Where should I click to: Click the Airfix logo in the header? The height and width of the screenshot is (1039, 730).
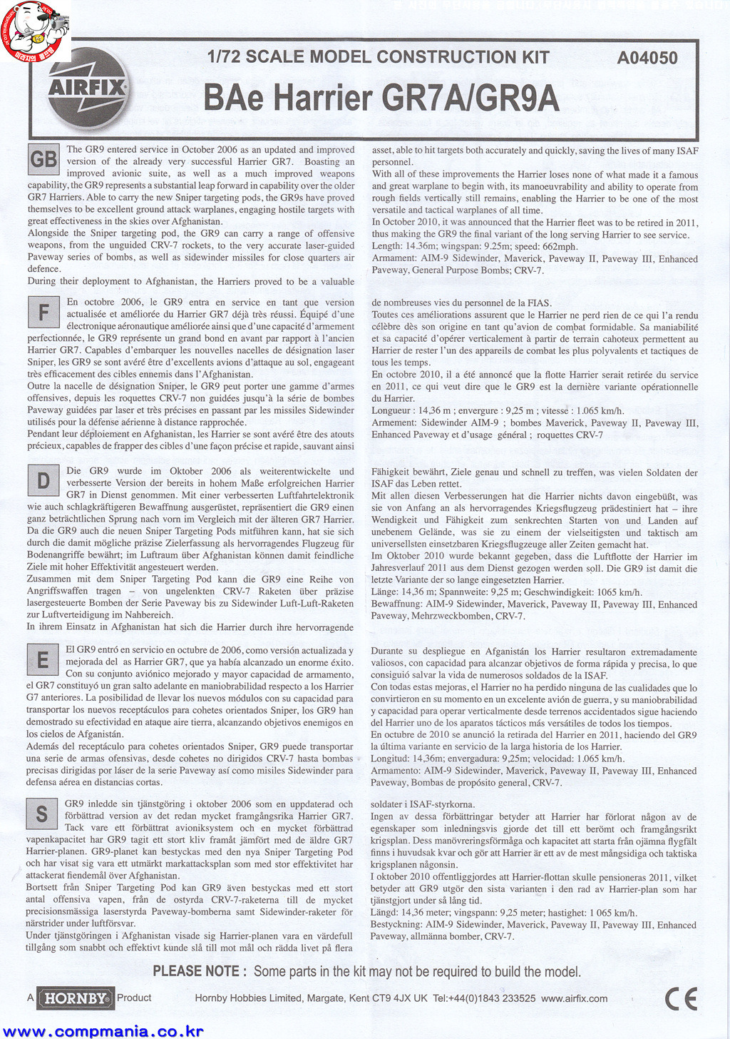[x=88, y=88]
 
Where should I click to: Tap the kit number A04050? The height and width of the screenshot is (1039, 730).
[x=647, y=59]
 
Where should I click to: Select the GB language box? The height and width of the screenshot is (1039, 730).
[x=43, y=160]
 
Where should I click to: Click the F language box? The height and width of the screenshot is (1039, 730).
[x=43, y=313]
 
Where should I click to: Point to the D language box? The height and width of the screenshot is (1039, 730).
[x=43, y=481]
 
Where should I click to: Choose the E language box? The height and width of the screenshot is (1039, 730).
[x=43, y=660]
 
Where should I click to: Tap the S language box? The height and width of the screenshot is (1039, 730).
[x=42, y=814]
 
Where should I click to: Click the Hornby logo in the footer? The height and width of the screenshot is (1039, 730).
[x=75, y=998]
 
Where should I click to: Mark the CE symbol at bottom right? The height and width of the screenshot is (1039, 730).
[x=680, y=999]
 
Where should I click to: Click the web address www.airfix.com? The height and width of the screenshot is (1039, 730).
[x=575, y=998]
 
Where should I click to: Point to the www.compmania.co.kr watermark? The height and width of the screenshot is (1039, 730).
[x=103, y=1031]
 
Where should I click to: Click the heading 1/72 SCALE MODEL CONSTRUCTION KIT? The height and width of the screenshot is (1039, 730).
[x=378, y=58]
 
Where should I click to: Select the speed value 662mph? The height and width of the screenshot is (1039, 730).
[x=560, y=247]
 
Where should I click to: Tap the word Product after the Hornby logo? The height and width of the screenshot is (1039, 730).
[x=134, y=998]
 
